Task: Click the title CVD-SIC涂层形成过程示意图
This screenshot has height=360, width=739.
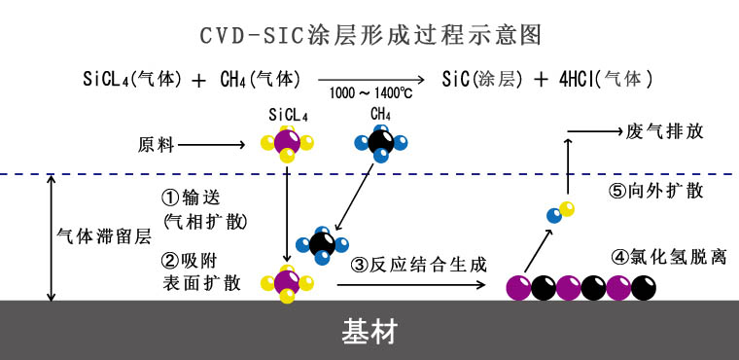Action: pos(369,36)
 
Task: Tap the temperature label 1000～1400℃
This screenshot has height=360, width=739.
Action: pos(370,94)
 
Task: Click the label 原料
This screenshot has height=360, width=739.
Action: pos(154,145)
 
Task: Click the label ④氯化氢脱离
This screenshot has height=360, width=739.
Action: pos(666,258)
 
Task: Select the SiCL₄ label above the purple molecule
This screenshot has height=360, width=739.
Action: pos(288,115)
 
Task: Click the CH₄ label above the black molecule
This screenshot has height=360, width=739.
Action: pos(380,115)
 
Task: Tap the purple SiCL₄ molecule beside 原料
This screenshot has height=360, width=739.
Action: pos(288,144)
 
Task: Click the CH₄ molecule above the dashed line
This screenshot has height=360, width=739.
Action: pos(380,145)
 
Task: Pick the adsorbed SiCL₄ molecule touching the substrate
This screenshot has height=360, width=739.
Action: pos(288,283)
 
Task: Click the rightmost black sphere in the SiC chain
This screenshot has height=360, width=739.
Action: pos(643,287)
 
